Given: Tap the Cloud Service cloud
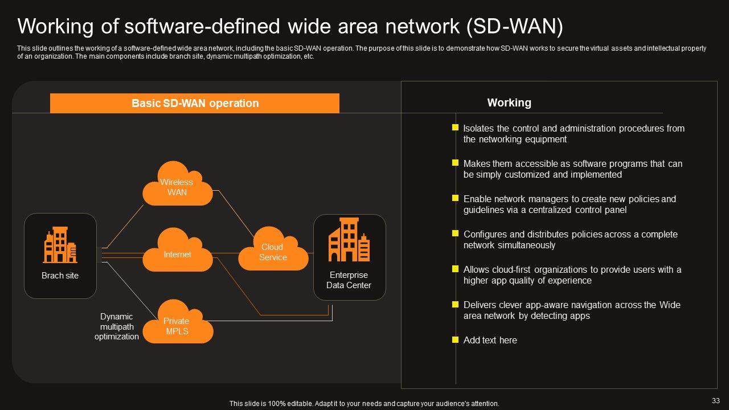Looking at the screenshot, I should [x=273, y=250].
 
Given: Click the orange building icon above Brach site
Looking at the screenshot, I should [x=60, y=245].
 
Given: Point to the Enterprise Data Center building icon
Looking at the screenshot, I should [x=349, y=240].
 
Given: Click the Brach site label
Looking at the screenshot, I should [x=60, y=276].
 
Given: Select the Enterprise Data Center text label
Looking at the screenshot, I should [x=349, y=280].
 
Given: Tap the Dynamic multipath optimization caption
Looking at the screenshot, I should [x=116, y=326].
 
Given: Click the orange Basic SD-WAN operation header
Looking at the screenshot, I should [x=195, y=103].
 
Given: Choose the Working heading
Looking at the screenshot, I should [x=509, y=102].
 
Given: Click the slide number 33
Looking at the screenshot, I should [x=716, y=400].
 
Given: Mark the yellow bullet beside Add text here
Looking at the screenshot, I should [x=455, y=340].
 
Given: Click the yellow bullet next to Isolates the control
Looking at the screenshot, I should [x=455, y=128].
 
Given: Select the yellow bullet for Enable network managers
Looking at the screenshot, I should [x=455, y=198].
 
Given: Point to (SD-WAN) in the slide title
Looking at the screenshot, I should [x=515, y=27].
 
